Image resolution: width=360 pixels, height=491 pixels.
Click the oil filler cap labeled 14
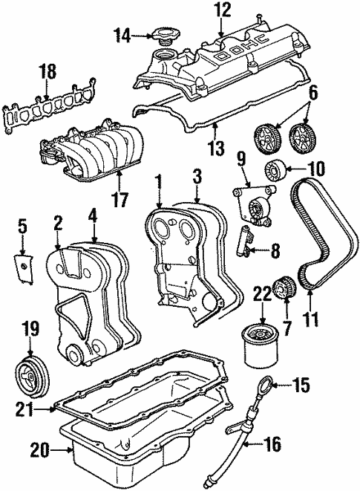(x=161, y=34)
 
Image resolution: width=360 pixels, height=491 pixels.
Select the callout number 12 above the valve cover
(x=223, y=10)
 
